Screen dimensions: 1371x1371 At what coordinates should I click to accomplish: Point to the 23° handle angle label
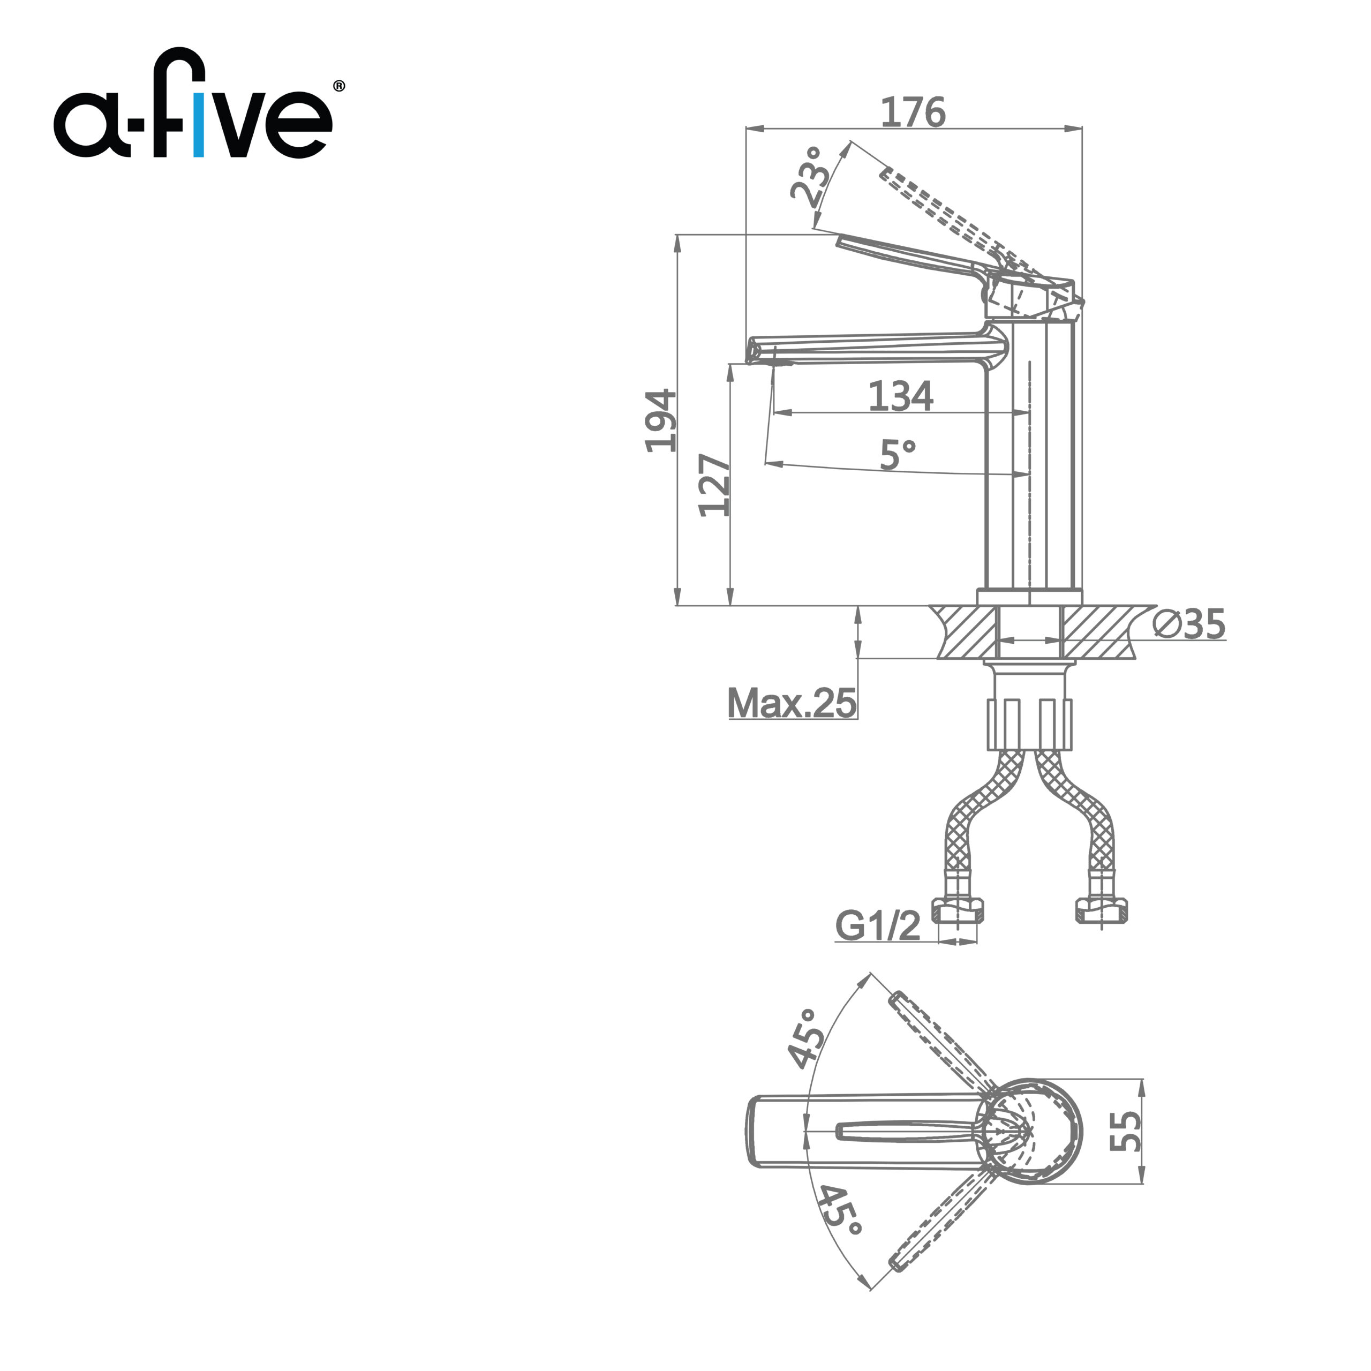point(810,177)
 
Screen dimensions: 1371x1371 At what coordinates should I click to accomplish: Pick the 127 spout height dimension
point(714,485)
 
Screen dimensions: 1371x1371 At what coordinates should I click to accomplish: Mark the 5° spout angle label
point(898,454)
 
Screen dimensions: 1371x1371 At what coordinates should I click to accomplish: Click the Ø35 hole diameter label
point(1188,624)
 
